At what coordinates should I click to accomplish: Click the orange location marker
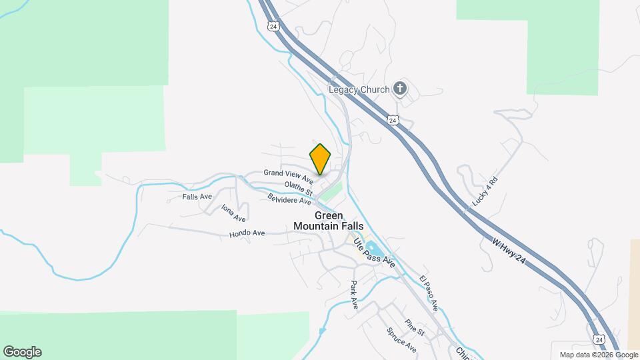(x=321, y=159)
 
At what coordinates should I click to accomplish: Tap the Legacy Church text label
(x=358, y=89)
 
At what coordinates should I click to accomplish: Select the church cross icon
(x=399, y=88)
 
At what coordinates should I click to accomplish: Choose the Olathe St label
(x=298, y=189)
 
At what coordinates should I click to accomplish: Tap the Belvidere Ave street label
(x=289, y=199)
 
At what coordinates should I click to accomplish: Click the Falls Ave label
(x=197, y=197)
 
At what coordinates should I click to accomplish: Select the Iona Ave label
(x=234, y=213)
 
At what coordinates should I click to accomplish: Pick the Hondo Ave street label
(x=247, y=233)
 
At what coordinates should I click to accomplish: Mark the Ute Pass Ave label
(x=373, y=253)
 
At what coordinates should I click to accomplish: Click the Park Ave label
(x=354, y=294)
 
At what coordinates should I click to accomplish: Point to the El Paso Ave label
(x=428, y=293)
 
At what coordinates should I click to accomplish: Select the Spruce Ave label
(x=401, y=340)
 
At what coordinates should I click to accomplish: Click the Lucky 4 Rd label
(x=485, y=191)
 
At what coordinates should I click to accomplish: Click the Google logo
(x=22, y=352)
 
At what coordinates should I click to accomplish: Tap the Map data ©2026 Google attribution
(x=599, y=355)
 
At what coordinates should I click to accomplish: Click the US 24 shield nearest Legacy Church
(x=393, y=120)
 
